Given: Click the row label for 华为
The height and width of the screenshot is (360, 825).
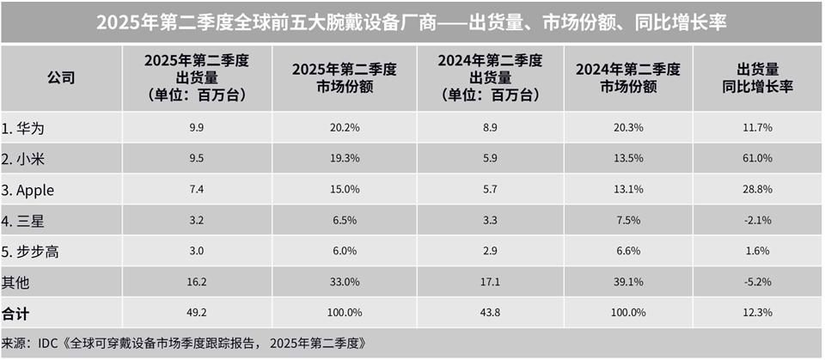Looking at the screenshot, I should tap(23, 127).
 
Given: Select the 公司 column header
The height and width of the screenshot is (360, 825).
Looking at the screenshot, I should tap(61, 78).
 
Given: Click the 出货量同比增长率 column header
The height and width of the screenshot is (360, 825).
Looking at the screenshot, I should tap(758, 78).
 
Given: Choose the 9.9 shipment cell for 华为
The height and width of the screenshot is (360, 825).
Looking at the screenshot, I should tap(197, 127).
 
